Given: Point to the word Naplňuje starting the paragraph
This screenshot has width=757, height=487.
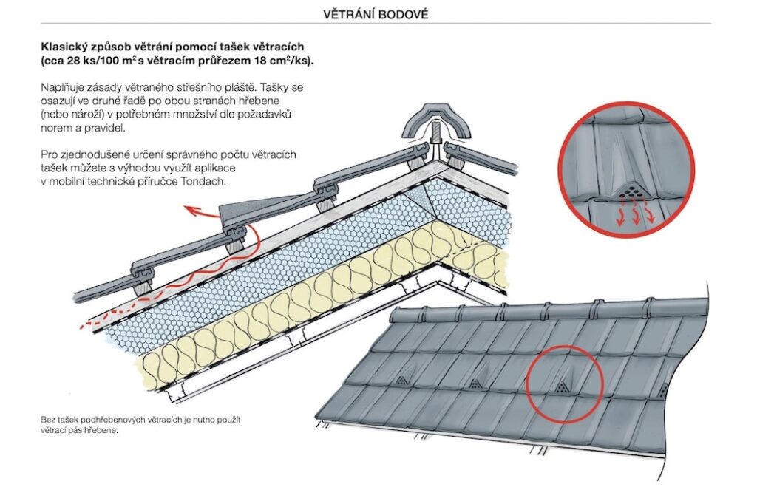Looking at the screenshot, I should [x=65, y=87].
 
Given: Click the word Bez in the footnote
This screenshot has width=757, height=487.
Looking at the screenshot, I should [x=48, y=420].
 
